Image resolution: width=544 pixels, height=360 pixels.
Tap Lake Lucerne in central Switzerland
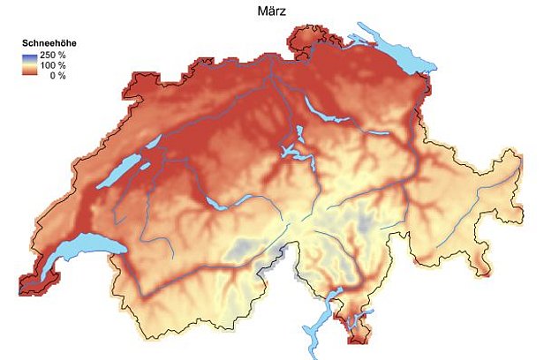(296, 154)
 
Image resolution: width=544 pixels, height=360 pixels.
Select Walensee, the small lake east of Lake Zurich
(374, 133)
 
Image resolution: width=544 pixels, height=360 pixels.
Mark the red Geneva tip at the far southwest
(41, 281)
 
